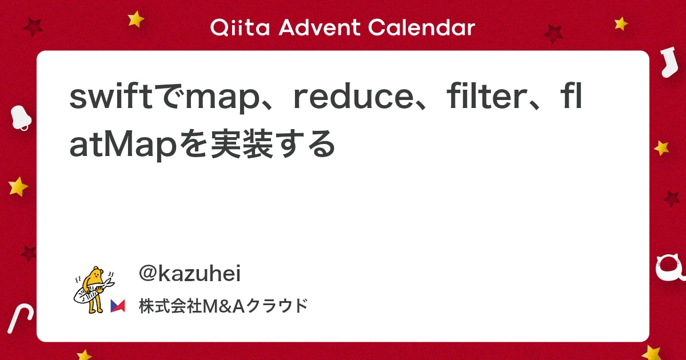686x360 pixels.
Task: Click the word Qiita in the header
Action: pyautogui.click(x=240, y=28)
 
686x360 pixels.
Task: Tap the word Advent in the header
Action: pyautogui.click(x=319, y=27)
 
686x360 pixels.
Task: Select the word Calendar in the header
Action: pyautogui.click(x=421, y=27)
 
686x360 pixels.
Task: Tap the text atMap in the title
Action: pyautogui.click(x=123, y=145)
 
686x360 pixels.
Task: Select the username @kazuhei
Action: pyautogui.click(x=190, y=273)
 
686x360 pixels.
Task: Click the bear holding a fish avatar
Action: pyautogui.click(x=94, y=290)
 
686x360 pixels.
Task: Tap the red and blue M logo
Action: pyautogui.click(x=118, y=306)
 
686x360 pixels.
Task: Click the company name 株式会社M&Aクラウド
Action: pyautogui.click(x=224, y=306)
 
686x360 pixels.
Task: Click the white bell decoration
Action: pyautogui.click(x=21, y=118)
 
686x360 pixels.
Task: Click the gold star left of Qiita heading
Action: pyautogui.click(x=135, y=19)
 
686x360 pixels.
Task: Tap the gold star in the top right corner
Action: pyautogui.click(x=621, y=23)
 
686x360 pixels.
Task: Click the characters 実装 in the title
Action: pyautogui.click(x=242, y=144)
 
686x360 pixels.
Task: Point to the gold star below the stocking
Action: pyautogui.click(x=661, y=148)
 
